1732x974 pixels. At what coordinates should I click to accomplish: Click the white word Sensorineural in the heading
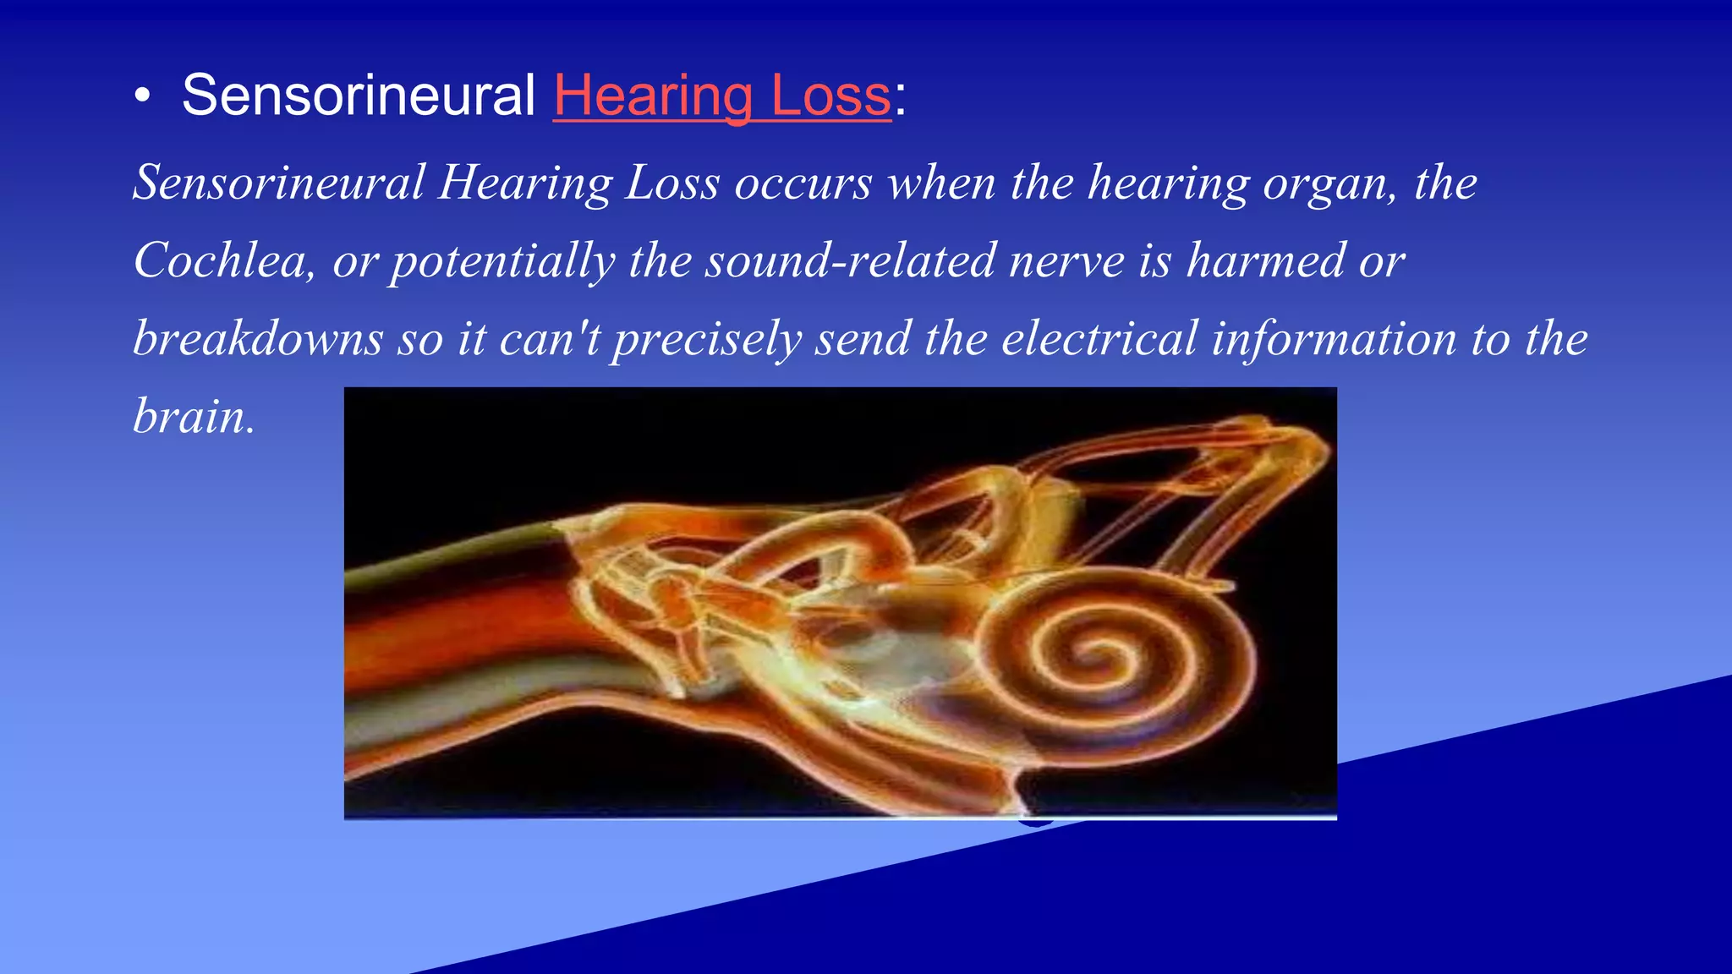pos(358,95)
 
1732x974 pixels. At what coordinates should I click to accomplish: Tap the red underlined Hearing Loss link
pos(721,96)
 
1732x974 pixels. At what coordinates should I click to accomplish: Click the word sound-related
pos(851,260)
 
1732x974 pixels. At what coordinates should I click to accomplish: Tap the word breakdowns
pos(258,338)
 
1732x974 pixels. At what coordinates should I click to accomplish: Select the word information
pos(1334,338)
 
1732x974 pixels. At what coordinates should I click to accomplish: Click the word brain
pos(194,416)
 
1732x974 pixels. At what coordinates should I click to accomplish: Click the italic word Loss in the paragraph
pos(672,183)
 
